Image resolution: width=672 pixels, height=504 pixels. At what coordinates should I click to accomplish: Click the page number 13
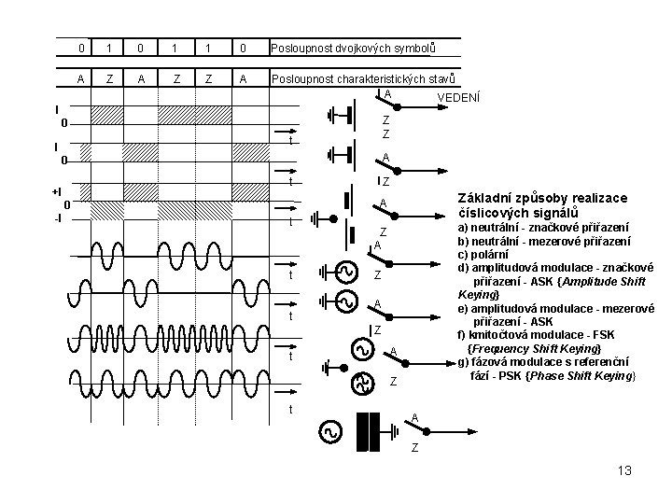(x=625, y=469)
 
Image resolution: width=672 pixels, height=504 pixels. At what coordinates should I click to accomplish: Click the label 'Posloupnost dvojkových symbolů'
(x=353, y=48)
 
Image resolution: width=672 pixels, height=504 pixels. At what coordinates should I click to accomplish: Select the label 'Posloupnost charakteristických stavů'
(x=364, y=79)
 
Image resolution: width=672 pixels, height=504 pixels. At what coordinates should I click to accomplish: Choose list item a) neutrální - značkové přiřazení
(x=542, y=227)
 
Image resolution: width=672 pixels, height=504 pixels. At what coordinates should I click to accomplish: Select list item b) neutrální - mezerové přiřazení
(x=543, y=240)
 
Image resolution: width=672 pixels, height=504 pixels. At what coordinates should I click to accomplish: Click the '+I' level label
(x=56, y=190)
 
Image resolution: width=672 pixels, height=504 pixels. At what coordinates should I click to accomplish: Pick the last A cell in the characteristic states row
(x=243, y=79)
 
